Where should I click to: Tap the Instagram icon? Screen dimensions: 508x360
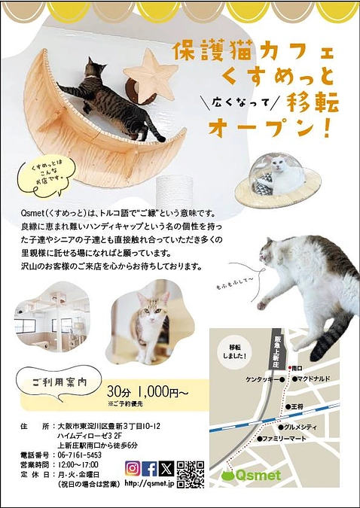(133, 469)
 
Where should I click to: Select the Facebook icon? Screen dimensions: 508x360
(149, 469)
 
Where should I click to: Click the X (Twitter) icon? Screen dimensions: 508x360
(166, 469)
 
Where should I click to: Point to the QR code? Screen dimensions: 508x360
(191, 473)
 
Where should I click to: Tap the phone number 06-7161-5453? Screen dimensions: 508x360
(81, 455)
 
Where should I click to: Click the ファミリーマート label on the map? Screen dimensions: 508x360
(285, 438)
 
